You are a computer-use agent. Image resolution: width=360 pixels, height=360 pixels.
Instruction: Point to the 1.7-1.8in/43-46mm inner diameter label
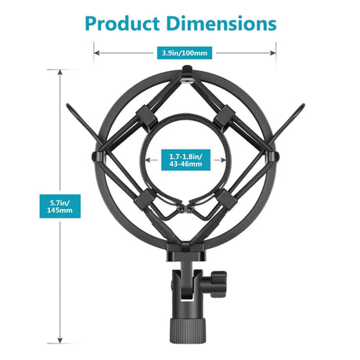tap(185, 160)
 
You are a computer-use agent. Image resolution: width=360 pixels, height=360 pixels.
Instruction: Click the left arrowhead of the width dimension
tap(96, 53)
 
